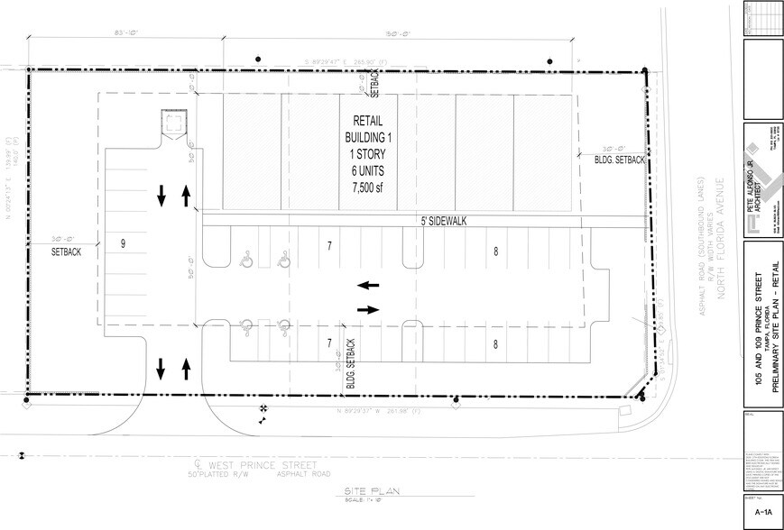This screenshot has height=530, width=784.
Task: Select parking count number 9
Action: (122, 243)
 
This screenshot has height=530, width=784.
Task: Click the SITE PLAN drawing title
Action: (372, 492)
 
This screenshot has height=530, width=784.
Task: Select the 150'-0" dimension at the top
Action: (398, 34)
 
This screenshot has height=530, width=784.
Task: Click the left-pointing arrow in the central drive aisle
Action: (367, 286)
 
